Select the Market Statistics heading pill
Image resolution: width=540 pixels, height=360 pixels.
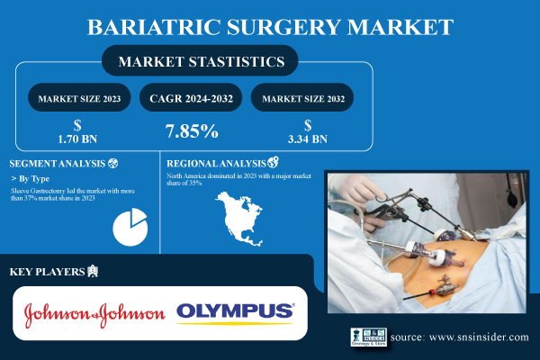coord(198,63)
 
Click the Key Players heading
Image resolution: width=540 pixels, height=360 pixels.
coord(48,271)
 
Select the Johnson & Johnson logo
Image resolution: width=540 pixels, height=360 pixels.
coord(94,312)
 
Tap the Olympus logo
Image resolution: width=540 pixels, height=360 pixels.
coord(235,312)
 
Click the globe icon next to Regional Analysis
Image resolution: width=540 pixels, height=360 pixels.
coord(274,163)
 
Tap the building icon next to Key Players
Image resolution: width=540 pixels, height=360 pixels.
coord(94,271)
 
